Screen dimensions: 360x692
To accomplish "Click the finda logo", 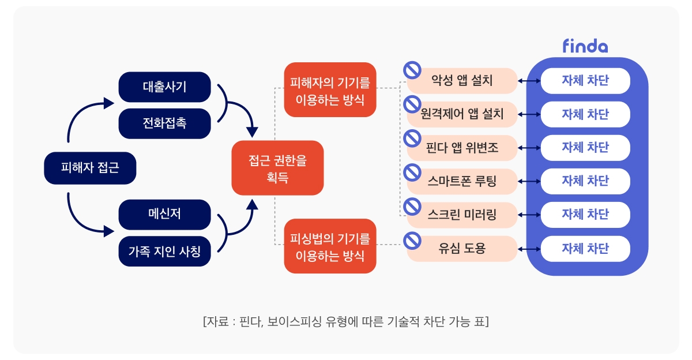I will pyautogui.click(x=585, y=46).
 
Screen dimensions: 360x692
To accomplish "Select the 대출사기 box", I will pyautogui.click(x=164, y=87).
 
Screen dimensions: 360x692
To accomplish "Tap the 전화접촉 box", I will pyautogui.click(x=164, y=123).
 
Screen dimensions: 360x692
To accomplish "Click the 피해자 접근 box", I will pyautogui.click(x=90, y=168).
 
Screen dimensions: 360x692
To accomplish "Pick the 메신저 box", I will pyautogui.click(x=164, y=214).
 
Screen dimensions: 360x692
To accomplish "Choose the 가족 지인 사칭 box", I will pyautogui.click(x=164, y=251).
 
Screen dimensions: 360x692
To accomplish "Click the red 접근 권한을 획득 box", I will pyautogui.click(x=277, y=168).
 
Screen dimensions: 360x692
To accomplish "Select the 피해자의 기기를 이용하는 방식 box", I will pyautogui.click(x=330, y=90).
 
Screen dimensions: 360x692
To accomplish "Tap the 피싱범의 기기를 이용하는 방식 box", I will pyautogui.click(x=330, y=246).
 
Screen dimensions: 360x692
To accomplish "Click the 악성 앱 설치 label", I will pyautogui.click(x=462, y=81).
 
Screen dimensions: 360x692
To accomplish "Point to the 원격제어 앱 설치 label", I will pyautogui.click(x=462, y=114).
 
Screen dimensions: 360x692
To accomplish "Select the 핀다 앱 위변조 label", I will pyautogui.click(x=462, y=148).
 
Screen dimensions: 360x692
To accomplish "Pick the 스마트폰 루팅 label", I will pyautogui.click(x=462, y=182).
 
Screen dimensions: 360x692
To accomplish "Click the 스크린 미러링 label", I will pyautogui.click(x=462, y=215).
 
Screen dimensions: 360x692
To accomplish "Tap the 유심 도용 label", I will pyautogui.click(x=462, y=249).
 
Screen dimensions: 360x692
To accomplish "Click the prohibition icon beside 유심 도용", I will pyautogui.click(x=412, y=239).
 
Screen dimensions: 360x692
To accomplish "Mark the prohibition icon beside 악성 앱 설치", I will pyautogui.click(x=412, y=70).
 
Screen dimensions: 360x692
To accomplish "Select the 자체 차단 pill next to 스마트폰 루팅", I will pyautogui.click(x=585, y=181).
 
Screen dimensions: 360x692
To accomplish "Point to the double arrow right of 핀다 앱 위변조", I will pyautogui.click(x=529, y=148).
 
